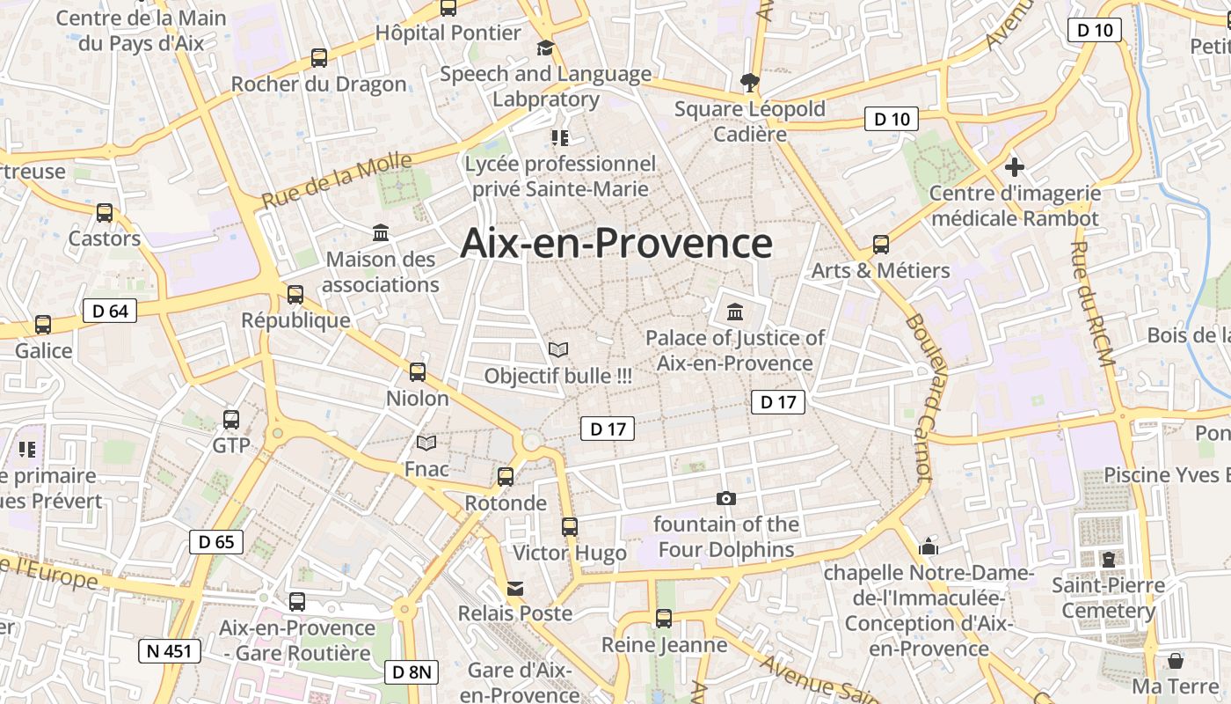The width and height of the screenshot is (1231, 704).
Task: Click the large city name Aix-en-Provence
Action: coord(616,243)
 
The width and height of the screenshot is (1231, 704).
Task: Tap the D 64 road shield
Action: coord(110,310)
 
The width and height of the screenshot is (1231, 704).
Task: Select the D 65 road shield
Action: coord(216,541)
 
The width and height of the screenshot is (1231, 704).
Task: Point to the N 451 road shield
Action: coord(170,651)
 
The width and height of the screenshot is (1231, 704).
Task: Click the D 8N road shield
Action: coord(411,672)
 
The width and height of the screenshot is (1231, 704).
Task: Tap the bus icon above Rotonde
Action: coord(506,476)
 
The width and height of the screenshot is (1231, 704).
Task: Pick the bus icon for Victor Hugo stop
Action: coord(570,527)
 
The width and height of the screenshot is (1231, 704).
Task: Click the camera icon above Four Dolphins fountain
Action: coord(726,498)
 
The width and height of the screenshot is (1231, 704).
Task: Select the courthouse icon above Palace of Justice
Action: coord(735,312)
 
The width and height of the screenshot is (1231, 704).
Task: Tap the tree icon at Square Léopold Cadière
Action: coord(750,83)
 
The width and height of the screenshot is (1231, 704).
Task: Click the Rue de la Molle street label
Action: coord(337,180)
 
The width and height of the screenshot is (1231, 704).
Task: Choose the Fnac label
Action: coord(426,469)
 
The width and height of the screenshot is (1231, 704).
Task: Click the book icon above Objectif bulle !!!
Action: coord(557,349)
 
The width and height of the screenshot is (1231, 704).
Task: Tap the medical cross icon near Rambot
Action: coord(1015,166)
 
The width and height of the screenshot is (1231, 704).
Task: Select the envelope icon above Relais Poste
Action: coord(515,588)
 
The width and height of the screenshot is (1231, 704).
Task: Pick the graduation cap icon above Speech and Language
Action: coord(546,48)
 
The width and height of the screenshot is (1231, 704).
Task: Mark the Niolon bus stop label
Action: coord(418,398)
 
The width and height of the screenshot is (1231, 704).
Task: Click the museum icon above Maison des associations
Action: coord(381,233)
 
